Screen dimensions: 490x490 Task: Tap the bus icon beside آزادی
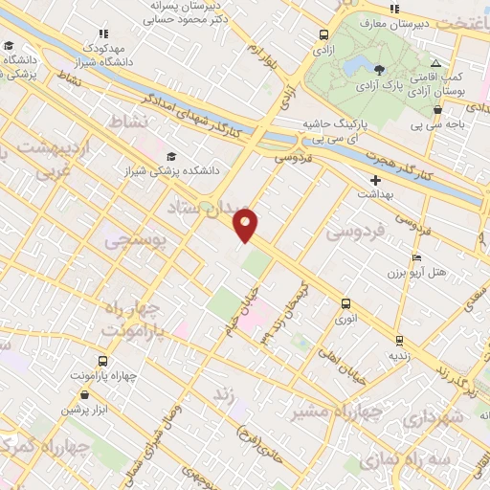[x=324, y=35]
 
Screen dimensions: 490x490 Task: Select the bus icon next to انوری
[x=345, y=303]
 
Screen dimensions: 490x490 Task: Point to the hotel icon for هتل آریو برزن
[x=415, y=258]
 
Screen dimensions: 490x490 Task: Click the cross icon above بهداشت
[x=375, y=179]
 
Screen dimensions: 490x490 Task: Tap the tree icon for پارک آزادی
[x=379, y=69]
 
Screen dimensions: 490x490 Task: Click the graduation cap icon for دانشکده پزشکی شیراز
[x=171, y=156]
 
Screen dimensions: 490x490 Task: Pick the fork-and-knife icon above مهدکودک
[x=104, y=34]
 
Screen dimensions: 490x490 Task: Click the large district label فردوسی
[x=354, y=230]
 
